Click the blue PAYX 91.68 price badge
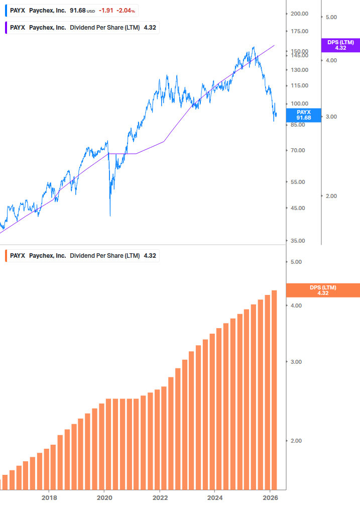coord(303,115)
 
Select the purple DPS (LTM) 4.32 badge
coord(340,45)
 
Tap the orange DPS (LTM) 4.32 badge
coord(322,290)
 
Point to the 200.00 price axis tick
coord(299,14)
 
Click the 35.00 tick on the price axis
coord(299,241)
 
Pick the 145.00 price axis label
coord(299,56)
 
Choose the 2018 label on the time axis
coord(49,497)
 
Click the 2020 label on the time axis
coord(104,497)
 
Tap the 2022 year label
coord(160,497)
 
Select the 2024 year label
coord(214,497)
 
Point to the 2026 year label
coord(270,497)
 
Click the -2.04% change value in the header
coord(126,11)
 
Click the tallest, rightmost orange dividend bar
coord(274,389)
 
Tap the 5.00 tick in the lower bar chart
coord(296,262)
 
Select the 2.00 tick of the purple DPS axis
coord(331,196)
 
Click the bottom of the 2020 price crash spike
coord(110,216)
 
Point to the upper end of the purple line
coord(275,45)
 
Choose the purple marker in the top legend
coord(6,28)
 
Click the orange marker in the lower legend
coord(6,256)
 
